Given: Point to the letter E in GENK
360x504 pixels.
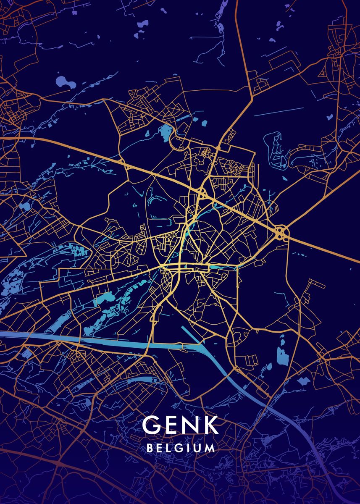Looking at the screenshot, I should tap(171, 425).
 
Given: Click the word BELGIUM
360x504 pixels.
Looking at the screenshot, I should tap(181, 448).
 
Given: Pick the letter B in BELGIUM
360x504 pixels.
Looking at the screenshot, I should tap(150, 448).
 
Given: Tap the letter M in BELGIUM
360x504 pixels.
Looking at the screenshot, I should tap(210, 448).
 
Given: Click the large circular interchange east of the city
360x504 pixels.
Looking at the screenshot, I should tap(281, 232).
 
